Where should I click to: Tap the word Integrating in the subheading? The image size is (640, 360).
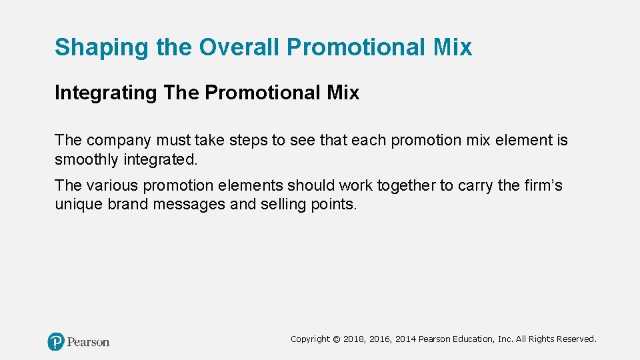pos(105,93)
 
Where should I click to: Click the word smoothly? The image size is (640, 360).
pos(87,161)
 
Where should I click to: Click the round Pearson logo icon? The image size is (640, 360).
pos(56,342)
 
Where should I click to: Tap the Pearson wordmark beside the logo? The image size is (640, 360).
pos(88,342)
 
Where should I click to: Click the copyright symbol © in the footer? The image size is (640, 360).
pos(337,339)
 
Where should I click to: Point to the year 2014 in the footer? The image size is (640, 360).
pos(405,339)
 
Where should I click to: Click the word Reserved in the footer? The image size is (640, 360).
pos(574,339)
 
